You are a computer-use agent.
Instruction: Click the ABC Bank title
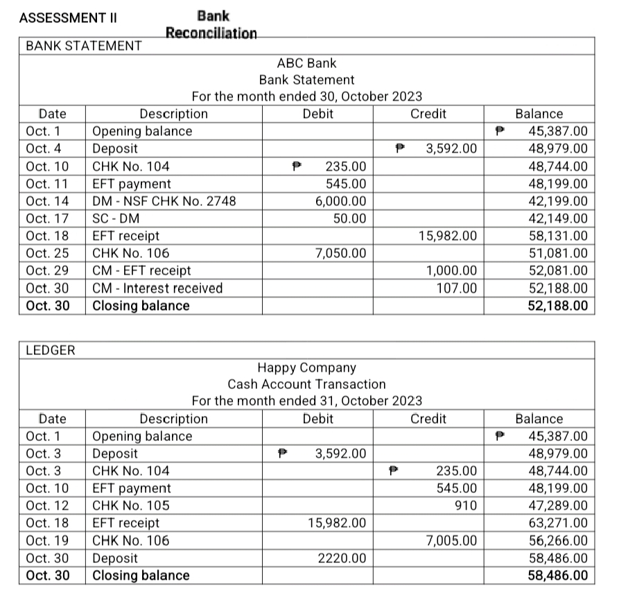pyautogui.click(x=306, y=63)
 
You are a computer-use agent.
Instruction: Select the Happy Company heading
pyautogui.click(x=306, y=367)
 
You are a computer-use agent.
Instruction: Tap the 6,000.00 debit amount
pyautogui.click(x=341, y=201)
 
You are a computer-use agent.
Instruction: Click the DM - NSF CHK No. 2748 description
pyautogui.click(x=164, y=201)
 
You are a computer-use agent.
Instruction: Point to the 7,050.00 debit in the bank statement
pyautogui.click(x=341, y=253)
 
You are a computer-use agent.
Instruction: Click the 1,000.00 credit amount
pyautogui.click(x=451, y=270)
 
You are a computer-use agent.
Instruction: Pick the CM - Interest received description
pyautogui.click(x=157, y=288)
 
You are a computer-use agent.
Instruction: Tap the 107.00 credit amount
pyautogui.click(x=457, y=288)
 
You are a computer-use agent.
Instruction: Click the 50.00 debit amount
pyautogui.click(x=350, y=218)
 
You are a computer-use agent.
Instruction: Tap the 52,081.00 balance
pyautogui.click(x=558, y=270)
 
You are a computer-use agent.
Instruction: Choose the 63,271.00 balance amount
pyautogui.click(x=558, y=523)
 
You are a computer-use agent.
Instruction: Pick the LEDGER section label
pyautogui.click(x=50, y=352)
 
